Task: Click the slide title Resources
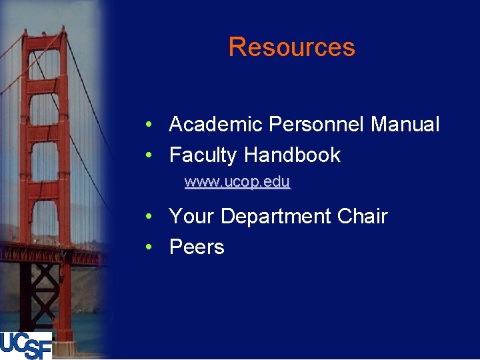point(291,47)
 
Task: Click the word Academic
point(216,125)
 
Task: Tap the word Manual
point(405,125)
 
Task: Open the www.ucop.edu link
point(237,181)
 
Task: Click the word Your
point(192,217)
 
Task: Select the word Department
point(276,217)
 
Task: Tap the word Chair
point(362,217)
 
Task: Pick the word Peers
point(197,247)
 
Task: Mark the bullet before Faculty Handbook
point(153,156)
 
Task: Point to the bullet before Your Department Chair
point(153,217)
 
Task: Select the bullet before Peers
point(153,248)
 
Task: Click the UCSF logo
point(26,345)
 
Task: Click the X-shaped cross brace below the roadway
point(47,287)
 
